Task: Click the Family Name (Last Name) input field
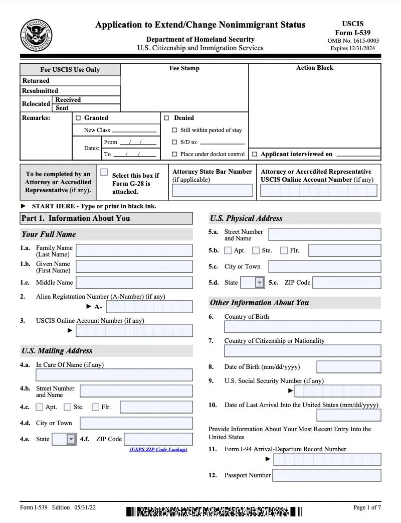pos(134,250)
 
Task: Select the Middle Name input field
pos(134,283)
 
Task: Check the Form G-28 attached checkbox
pos(104,172)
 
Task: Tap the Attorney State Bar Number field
pos(213,190)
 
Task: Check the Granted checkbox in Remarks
pos(78,118)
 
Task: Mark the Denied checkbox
pos(166,118)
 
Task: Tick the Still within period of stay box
pos(174,130)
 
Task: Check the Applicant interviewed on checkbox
pos(255,154)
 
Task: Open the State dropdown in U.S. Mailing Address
pos(71,439)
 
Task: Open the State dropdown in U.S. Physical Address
pos(259,283)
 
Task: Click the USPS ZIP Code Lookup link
pos(158,450)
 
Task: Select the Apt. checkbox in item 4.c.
pos(40,407)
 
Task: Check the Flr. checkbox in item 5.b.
pos(284,250)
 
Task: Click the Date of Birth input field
pos(348,367)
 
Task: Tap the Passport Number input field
pos(326,475)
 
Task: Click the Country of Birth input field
pos(302,327)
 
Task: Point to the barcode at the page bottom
pos(214,512)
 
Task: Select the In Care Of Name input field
pos(114,375)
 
